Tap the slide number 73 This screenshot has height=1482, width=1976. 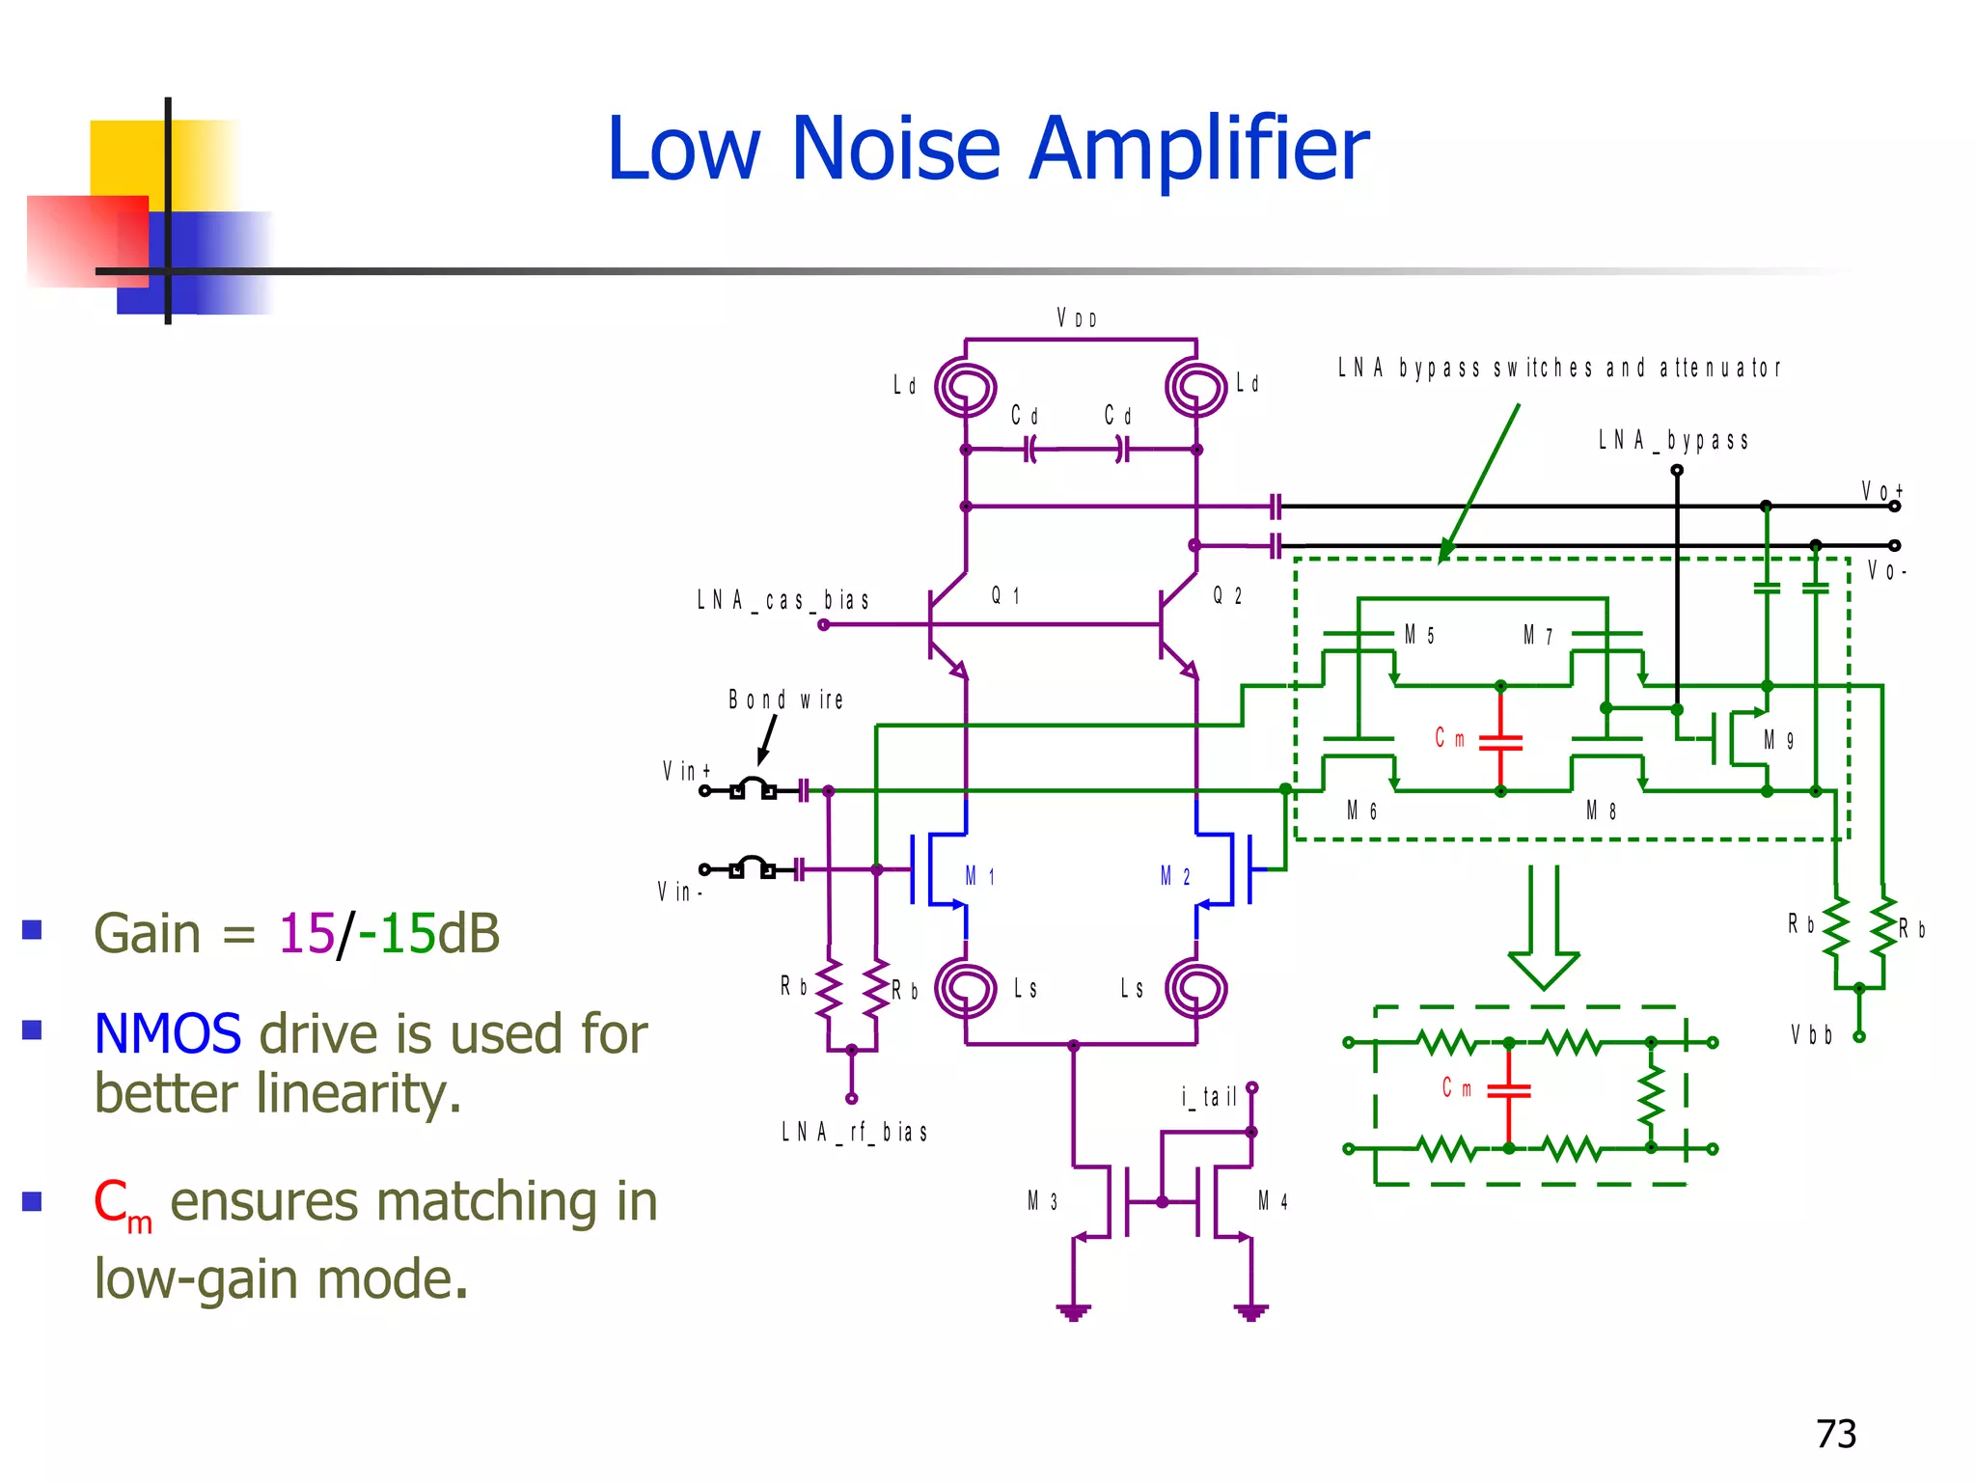pos(1835,1434)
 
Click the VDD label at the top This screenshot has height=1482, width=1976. pos(1077,318)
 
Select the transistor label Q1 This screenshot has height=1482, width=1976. pos(1005,595)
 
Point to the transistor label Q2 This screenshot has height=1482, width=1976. pos(1227,595)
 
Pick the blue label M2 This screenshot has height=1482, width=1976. pos(1175,876)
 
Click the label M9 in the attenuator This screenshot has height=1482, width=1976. pos(1778,740)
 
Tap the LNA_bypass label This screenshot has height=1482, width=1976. pos(1673,441)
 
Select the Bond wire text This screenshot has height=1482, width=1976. pos(785,700)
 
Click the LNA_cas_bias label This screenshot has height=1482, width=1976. pos(782,600)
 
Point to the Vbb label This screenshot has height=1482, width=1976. pos(1811,1035)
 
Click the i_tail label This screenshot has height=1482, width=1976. pos(1209,1097)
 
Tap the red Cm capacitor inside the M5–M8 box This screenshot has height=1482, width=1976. pos(1500,741)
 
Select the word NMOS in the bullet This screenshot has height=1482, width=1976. pos(168,1034)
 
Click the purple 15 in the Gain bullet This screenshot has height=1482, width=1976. pos(306,934)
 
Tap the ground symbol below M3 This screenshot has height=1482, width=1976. pos(1073,1311)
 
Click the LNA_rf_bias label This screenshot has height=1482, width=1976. pos(854,1132)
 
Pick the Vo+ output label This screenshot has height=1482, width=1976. pos(1881,491)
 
